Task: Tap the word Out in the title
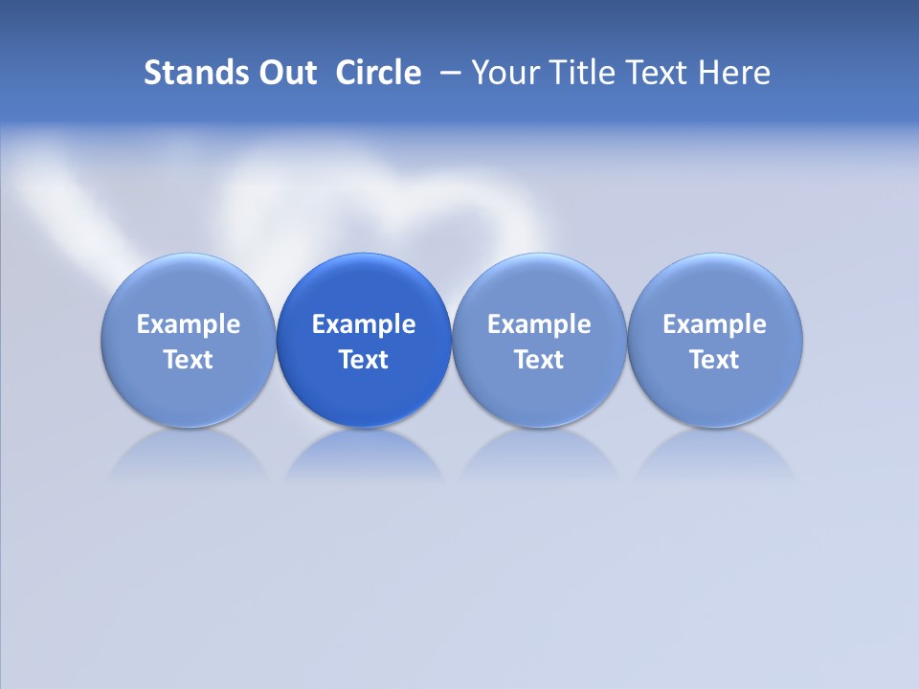pos(284,73)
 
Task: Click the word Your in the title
pos(502,73)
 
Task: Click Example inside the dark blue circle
pos(364,324)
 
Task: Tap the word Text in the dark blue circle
pos(364,360)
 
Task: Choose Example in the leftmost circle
pos(189,324)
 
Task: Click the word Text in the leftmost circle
pos(189,360)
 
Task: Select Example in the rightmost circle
pos(714,324)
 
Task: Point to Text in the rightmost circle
pos(714,360)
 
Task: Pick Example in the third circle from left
pos(539,324)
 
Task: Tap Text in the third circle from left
pos(539,360)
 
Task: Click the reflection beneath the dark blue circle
pos(364,455)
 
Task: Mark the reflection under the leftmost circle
pos(189,455)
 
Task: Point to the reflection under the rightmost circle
pos(714,455)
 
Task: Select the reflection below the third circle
pos(539,455)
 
